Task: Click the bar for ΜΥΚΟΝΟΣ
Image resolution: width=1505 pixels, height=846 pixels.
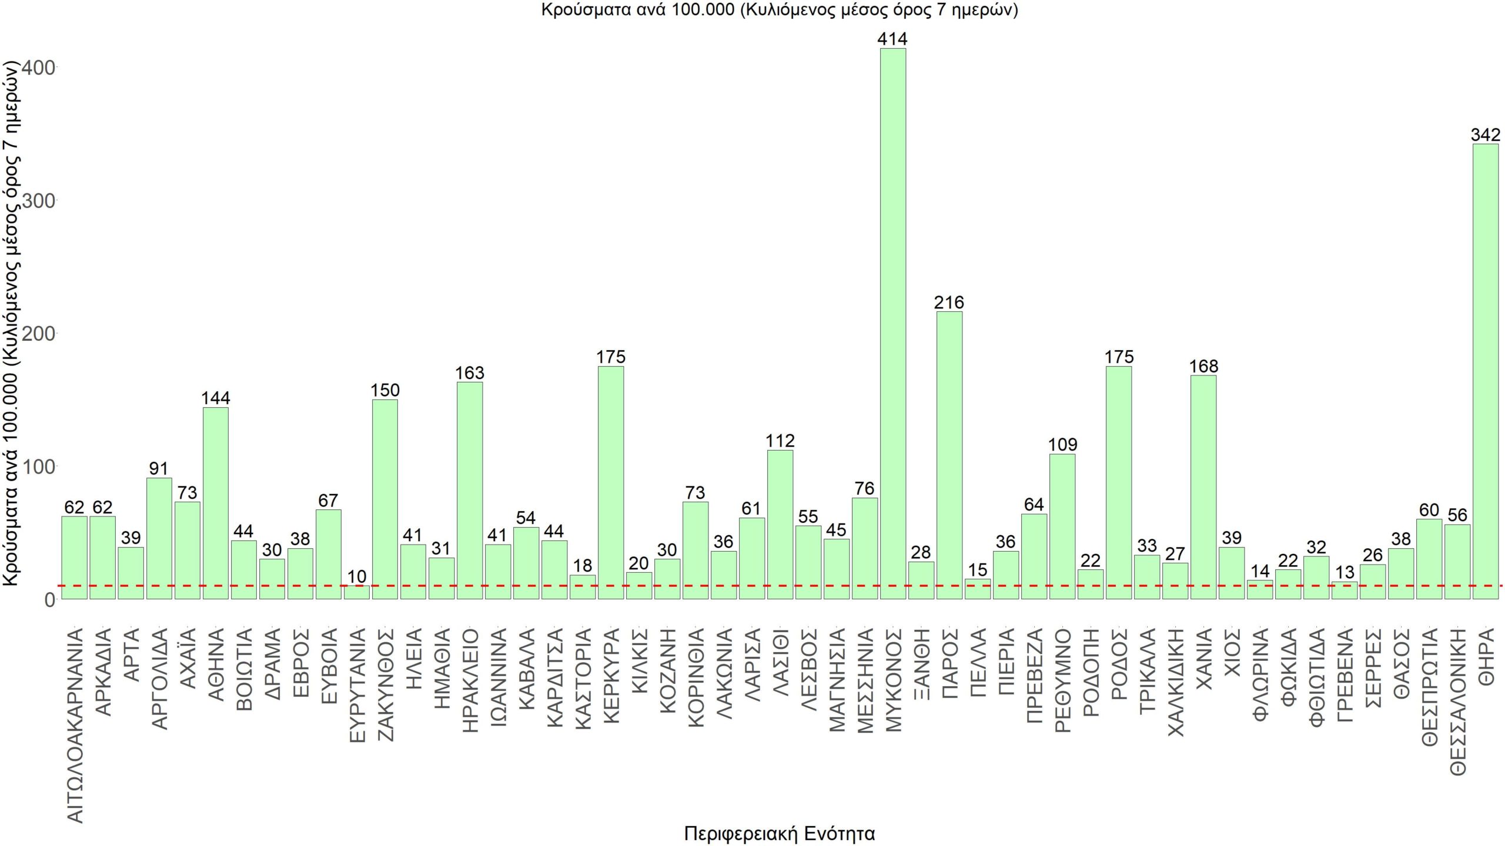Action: click(x=892, y=323)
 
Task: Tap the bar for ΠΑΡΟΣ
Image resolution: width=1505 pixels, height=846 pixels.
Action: click(x=949, y=455)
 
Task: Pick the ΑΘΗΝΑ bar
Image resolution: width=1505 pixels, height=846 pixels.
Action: click(x=216, y=503)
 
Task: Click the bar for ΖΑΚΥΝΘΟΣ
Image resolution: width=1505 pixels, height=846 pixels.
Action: click(x=385, y=499)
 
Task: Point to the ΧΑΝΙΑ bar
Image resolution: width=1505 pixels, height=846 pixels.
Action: click(x=1203, y=487)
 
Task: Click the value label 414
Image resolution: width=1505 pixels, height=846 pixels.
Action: click(x=892, y=39)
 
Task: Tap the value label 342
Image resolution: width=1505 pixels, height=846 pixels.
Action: click(x=1485, y=135)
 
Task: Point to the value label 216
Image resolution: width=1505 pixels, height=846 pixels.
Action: click(x=949, y=302)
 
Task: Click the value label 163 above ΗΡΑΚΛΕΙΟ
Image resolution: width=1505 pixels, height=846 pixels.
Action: click(x=470, y=372)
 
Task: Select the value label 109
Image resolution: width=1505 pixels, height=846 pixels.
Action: click(x=1062, y=444)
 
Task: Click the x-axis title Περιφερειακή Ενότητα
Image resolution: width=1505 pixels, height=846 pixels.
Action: click(x=780, y=833)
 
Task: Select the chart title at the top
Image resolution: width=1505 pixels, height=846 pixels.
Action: click(x=780, y=10)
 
